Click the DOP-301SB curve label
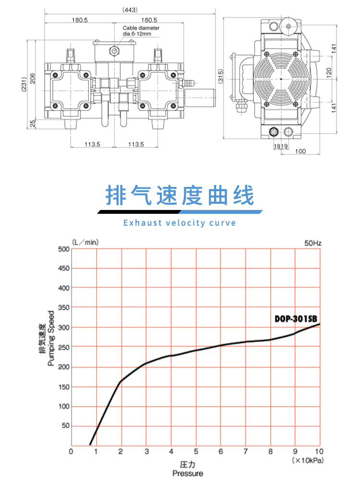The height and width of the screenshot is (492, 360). pyautogui.click(x=297, y=319)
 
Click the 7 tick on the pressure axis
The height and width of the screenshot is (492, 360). pyautogui.click(x=246, y=451)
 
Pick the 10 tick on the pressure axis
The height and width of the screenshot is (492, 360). pyautogui.click(x=319, y=451)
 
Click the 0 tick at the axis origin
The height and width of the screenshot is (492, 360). pyautogui.click(x=71, y=451)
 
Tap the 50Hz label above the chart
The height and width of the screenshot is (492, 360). pyautogui.click(x=312, y=243)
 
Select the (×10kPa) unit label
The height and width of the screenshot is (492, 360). pyautogui.click(x=306, y=460)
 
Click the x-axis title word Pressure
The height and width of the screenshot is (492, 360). pyautogui.click(x=188, y=473)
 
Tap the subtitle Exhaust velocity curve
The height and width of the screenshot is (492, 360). pyautogui.click(x=180, y=223)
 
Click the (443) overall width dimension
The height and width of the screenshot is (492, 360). pyautogui.click(x=130, y=10)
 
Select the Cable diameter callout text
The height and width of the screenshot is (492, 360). pyautogui.click(x=141, y=31)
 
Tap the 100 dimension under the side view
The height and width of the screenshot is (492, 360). pyautogui.click(x=300, y=151)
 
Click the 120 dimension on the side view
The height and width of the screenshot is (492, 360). pyautogui.click(x=329, y=72)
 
